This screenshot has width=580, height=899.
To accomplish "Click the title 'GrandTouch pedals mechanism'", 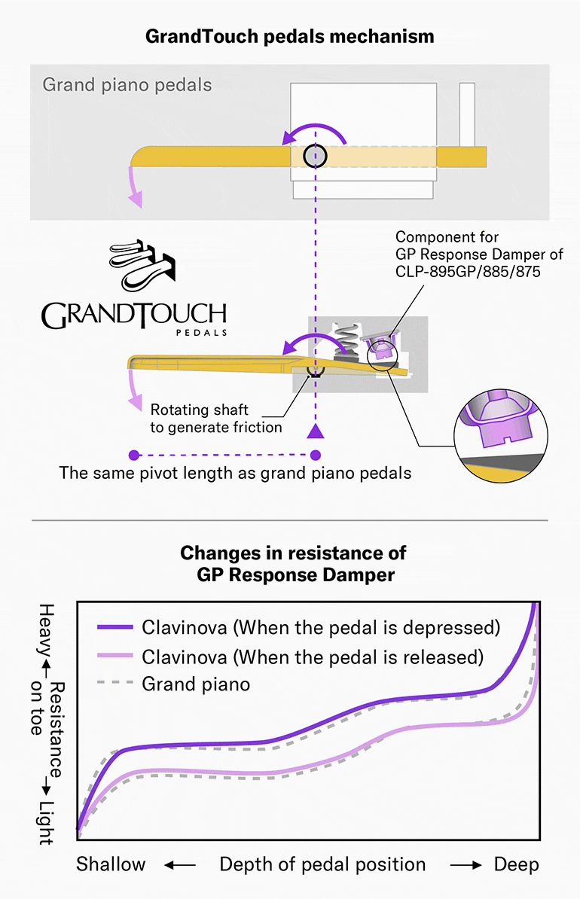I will point(289,35).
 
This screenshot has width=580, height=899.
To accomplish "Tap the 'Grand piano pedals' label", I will point(127,84).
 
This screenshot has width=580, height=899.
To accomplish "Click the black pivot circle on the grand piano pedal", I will point(315,156).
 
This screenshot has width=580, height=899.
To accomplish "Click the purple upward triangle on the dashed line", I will point(316,431).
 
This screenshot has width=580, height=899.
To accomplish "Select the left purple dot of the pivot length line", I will point(134,455).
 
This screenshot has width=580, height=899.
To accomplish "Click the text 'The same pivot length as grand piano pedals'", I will point(235,474).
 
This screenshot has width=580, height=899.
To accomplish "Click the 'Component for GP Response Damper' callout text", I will point(478,254).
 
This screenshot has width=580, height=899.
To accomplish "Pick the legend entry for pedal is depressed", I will point(320,627).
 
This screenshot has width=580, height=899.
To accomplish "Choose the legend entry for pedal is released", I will point(311,657).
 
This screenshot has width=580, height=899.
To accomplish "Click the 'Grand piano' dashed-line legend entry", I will point(195,684).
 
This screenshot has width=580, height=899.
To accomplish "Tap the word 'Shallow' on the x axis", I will point(111,864).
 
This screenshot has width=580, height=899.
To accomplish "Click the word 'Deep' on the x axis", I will point(516,864).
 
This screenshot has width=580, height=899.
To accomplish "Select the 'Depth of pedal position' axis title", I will point(322,864).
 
